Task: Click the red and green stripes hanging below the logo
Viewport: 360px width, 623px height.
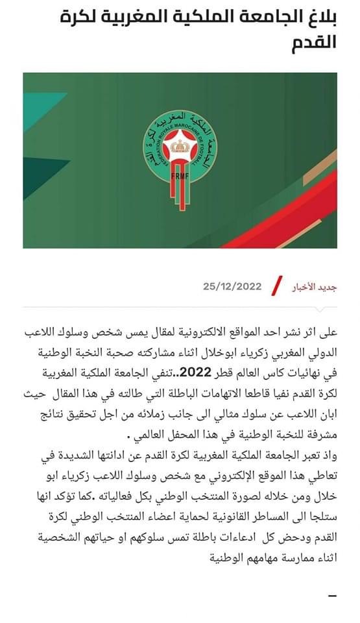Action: tap(182, 195)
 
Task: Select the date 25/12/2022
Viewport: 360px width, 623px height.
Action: tap(232, 286)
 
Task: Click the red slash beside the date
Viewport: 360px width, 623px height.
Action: tap(277, 286)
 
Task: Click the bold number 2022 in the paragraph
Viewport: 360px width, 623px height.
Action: tap(197, 372)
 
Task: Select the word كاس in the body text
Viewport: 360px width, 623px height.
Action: tap(280, 373)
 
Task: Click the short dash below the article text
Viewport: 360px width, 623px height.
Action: tap(332, 595)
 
